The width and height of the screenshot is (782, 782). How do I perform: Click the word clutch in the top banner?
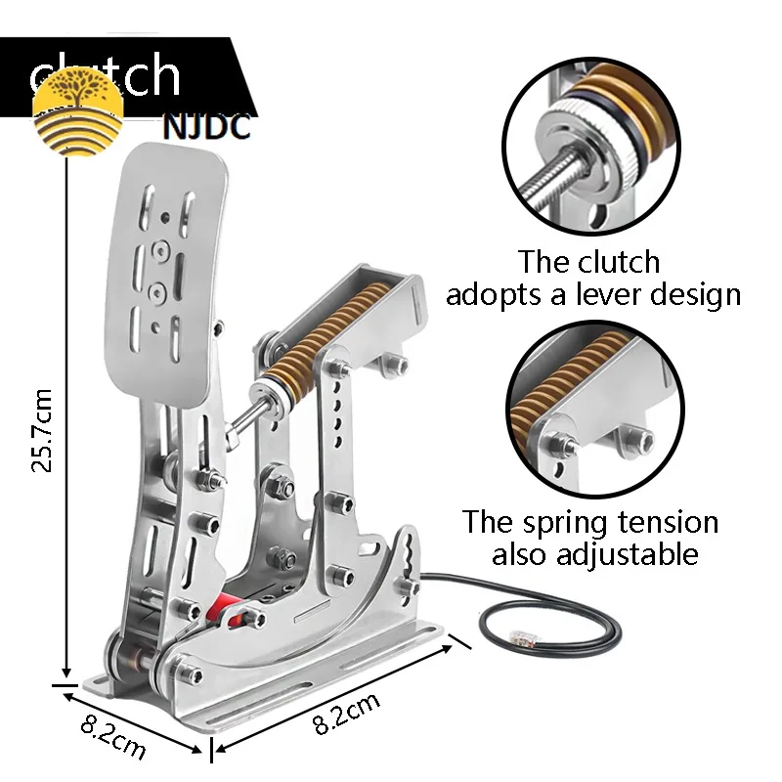[x=105, y=75]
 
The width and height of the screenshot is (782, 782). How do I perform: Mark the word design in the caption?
[x=698, y=294]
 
